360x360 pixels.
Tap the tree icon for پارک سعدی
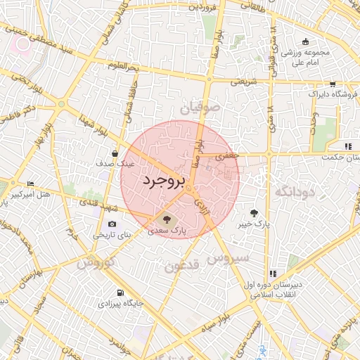click(x=166, y=218)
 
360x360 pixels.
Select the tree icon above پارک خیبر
click(x=253, y=212)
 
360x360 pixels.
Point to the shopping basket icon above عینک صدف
click(x=115, y=152)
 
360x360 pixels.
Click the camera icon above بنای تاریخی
click(x=112, y=224)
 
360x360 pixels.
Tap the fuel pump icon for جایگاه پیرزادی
click(x=119, y=292)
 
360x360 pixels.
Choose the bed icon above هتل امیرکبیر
click(x=30, y=183)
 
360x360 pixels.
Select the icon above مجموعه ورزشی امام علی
click(x=304, y=41)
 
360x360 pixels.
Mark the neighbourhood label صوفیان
click(x=200, y=109)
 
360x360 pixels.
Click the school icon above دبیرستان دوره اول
click(x=271, y=274)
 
